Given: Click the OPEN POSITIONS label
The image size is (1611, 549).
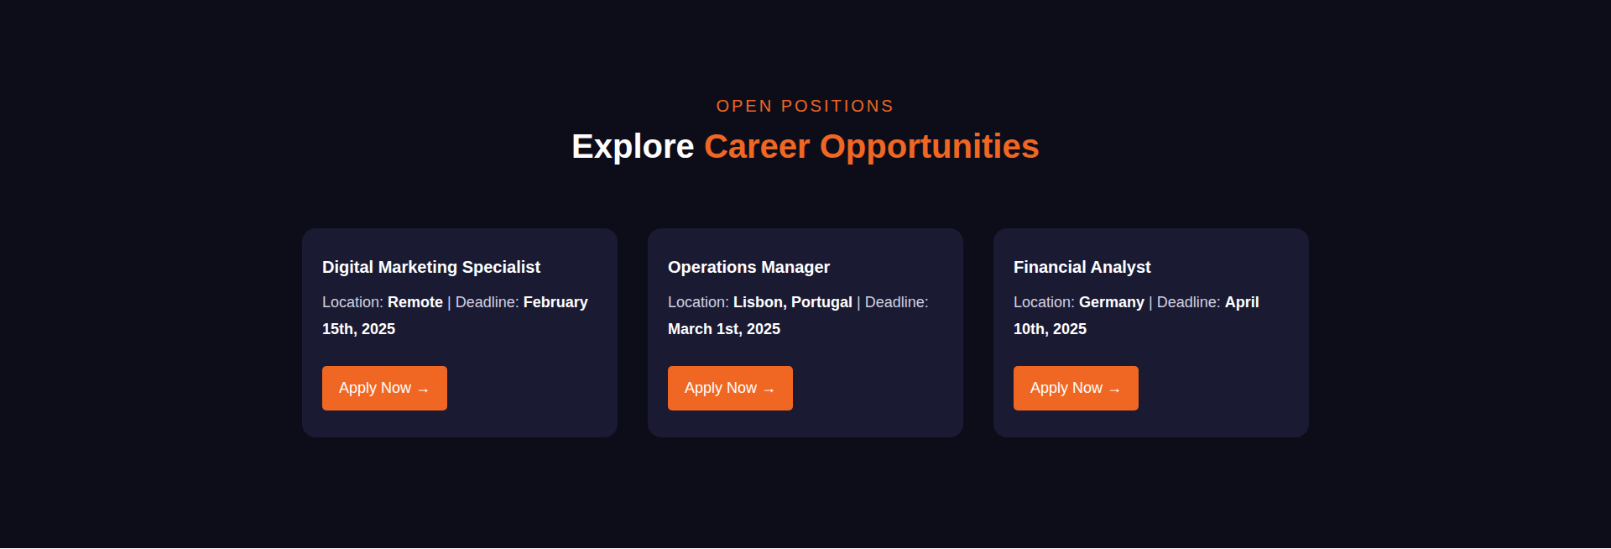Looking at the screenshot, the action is pos(805,107).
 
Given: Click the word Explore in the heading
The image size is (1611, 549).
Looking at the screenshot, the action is pos(633,147).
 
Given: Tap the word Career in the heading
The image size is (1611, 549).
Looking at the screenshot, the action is pos(757,147).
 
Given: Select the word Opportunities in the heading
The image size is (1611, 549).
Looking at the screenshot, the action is pos(930,147).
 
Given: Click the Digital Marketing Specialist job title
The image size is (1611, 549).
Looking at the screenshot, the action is pos(431,267).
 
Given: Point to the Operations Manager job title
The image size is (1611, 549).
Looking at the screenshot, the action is pos(748,267).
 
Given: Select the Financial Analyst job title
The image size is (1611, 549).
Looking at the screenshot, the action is pos(1082,267).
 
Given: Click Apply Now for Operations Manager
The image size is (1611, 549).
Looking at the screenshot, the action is pos(730,388).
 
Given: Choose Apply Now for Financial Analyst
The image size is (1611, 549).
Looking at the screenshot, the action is pos(1076,388).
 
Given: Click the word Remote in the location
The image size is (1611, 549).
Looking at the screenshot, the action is pos(415,302).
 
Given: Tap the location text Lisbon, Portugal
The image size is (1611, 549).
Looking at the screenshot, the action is pos(793,302).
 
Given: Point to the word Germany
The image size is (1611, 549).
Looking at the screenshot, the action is pos(1112,302).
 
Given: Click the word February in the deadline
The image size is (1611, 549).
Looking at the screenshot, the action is pos(555,302).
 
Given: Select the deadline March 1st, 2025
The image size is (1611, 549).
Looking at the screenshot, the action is pos(724,329).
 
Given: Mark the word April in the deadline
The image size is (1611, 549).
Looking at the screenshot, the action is pos(1242,302).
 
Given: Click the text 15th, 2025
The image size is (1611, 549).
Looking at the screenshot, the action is pos(358,329).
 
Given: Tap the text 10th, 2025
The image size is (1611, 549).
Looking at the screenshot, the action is pos(1050,329).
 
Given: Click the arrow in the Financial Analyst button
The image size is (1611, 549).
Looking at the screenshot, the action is pos(1114,390).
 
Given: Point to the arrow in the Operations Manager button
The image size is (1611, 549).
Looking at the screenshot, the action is pos(769,390).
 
